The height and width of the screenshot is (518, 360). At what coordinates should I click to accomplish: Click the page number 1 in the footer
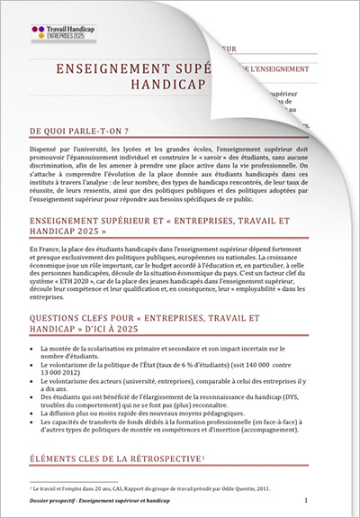coord(306,498)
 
